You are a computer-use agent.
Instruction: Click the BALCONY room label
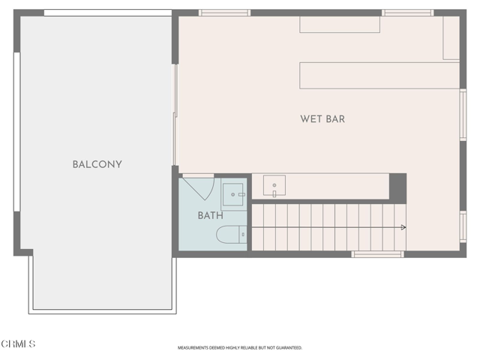point(97,164)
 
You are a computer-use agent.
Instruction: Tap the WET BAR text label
point(322,118)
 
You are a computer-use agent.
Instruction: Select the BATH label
point(210,216)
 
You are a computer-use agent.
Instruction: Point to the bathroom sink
point(234,195)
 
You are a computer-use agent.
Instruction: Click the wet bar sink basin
point(274,185)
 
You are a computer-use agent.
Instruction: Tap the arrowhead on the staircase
point(403,227)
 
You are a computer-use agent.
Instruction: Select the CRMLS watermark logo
point(18,344)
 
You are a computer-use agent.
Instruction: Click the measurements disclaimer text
point(240,348)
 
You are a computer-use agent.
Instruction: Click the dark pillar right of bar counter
point(397,187)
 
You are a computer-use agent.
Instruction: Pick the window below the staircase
point(377,254)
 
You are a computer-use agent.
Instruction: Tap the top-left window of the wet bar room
point(224,13)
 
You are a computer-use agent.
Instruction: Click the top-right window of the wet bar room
point(407,13)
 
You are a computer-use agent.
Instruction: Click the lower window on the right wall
point(463,226)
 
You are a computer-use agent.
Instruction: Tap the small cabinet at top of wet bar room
point(340,24)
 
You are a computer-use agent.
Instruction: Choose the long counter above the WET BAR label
point(379,75)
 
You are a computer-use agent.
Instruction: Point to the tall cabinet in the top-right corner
point(451,37)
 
